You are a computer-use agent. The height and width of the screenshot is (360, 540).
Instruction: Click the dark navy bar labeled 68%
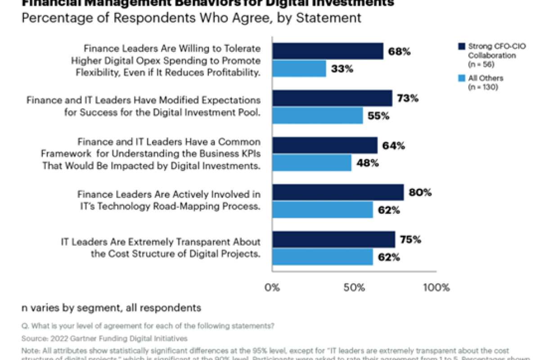coord(328,51)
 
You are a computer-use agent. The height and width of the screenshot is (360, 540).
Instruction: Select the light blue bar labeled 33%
coord(299,69)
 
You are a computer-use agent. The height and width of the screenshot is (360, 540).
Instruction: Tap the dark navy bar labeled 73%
coord(332,98)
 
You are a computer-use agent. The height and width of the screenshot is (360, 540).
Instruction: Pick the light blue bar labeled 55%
coord(317,116)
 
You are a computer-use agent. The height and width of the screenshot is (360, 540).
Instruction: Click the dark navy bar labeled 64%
coord(325,145)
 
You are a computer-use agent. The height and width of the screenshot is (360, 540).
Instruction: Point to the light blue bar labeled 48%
coord(312,163)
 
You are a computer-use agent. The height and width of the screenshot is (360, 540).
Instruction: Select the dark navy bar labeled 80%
coord(338,192)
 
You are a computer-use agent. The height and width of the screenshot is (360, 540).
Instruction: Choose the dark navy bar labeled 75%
coord(333,239)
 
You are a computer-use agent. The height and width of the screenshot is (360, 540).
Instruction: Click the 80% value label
coord(420,193)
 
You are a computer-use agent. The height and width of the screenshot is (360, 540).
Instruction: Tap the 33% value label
coord(342,69)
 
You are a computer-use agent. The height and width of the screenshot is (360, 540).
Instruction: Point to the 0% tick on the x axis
coord(272,288)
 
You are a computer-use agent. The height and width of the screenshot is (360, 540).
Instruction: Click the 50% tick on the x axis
coord(354,288)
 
